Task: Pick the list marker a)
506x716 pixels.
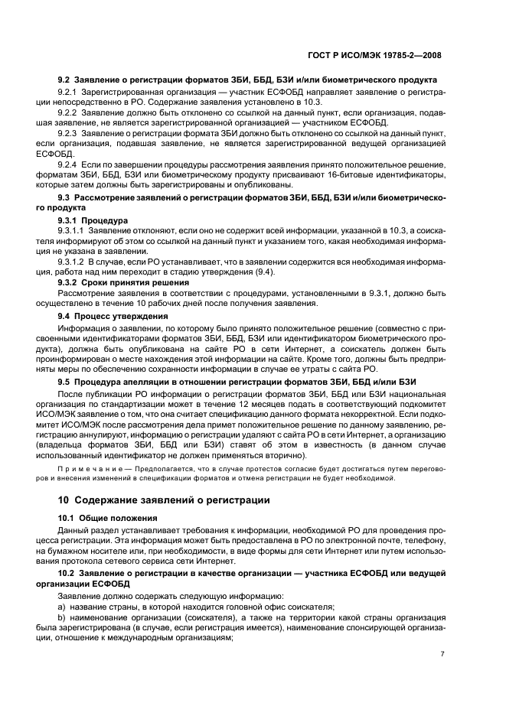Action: [62, 604]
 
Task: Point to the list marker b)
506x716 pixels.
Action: [62, 617]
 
